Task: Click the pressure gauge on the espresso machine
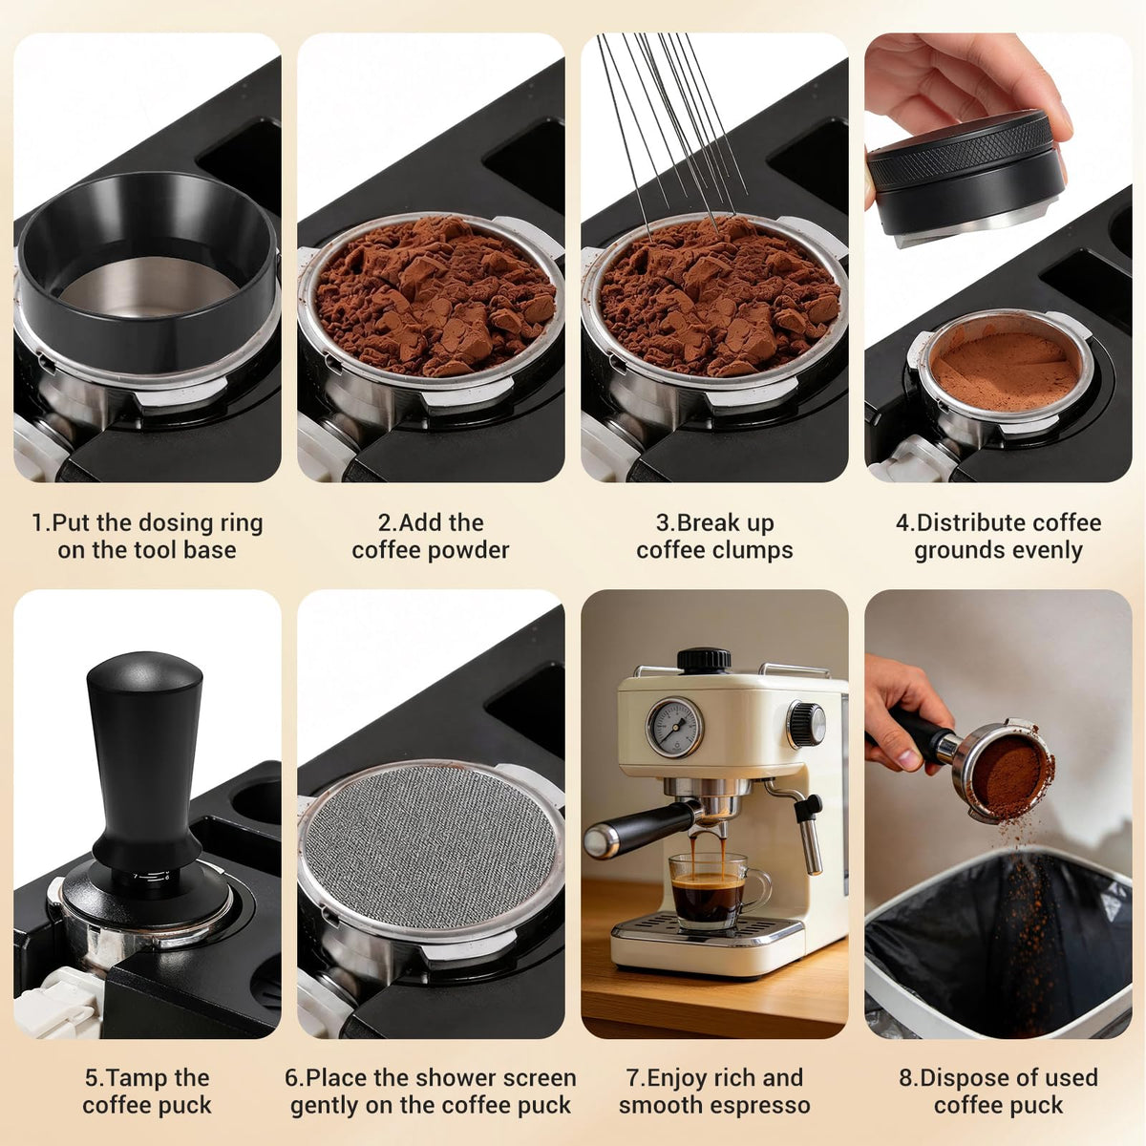coord(674,728)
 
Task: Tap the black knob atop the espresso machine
coord(704,661)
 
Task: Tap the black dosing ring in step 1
coord(147,270)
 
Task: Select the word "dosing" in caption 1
coord(176,524)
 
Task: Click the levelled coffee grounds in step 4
coord(1006,371)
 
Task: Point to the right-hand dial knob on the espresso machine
coord(806,725)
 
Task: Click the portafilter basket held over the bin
coord(1004,769)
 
